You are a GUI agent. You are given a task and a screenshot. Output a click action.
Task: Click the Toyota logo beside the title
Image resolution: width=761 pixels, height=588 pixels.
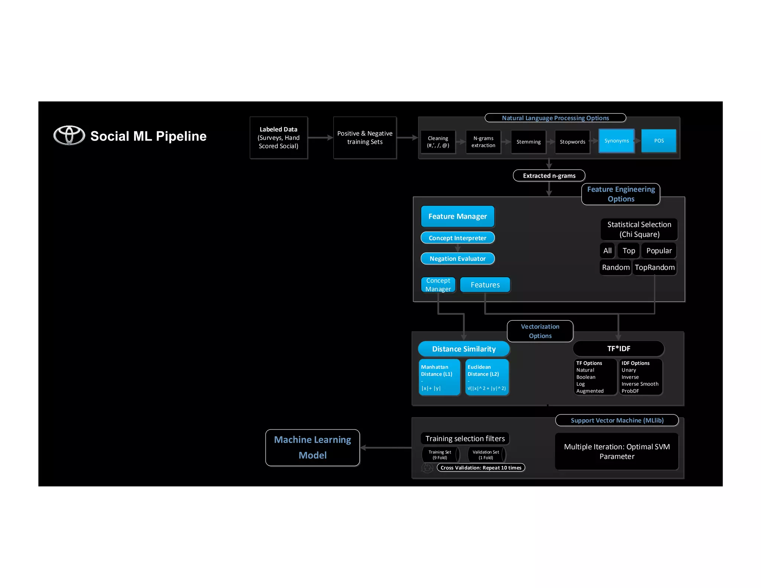[x=69, y=135]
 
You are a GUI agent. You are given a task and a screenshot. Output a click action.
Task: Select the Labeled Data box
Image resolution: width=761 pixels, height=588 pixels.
[x=278, y=138]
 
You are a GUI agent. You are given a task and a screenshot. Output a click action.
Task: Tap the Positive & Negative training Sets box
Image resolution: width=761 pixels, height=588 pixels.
[x=365, y=138]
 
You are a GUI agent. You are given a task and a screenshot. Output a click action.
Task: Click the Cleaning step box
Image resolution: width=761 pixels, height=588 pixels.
[x=438, y=142]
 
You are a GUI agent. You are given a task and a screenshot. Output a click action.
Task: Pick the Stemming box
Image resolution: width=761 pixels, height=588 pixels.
[x=528, y=142]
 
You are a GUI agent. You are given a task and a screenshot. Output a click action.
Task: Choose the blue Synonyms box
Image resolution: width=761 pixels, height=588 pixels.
[x=616, y=141]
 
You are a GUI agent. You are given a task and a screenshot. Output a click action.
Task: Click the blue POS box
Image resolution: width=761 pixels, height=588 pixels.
[x=658, y=141]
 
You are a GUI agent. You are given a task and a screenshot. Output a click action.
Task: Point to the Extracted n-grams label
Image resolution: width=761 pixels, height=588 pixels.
[x=549, y=175]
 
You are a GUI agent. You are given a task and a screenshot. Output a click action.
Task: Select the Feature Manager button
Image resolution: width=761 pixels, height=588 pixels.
[x=457, y=216]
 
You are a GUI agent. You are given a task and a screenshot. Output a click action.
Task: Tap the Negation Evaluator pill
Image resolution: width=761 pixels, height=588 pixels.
[x=457, y=259]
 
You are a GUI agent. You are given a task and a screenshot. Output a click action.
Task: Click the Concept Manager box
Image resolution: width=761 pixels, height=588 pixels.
[x=438, y=285]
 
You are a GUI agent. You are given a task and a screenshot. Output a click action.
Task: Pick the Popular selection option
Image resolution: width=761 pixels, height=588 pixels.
[x=658, y=251]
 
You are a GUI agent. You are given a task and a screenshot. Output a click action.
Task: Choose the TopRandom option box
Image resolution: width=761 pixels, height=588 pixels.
[x=654, y=268]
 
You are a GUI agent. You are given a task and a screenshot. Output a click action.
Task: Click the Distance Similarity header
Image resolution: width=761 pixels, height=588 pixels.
[x=463, y=349]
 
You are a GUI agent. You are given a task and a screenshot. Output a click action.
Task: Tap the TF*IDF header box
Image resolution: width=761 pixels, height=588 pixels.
[x=618, y=349]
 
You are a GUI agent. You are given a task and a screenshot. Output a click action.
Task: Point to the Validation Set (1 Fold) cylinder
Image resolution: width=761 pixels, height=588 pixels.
[x=486, y=455]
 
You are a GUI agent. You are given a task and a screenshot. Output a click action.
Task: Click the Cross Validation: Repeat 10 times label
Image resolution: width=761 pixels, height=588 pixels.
[x=481, y=468]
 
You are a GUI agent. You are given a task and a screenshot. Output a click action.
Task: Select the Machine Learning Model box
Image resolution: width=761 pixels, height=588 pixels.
[x=313, y=448]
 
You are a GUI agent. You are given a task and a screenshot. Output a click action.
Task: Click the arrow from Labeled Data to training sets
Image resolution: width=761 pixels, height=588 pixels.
[x=320, y=138]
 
